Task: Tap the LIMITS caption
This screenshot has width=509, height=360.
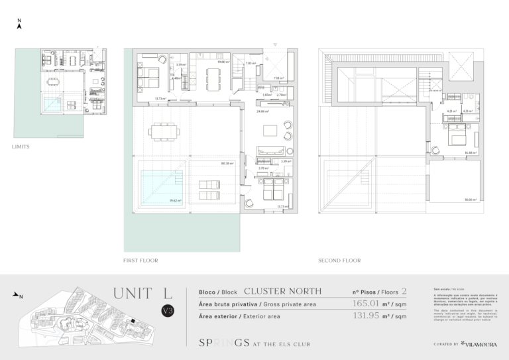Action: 21,147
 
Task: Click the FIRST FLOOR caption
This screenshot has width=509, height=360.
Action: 141,261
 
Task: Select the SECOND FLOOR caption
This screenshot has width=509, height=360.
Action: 339,261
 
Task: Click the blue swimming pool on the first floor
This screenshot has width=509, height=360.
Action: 161,185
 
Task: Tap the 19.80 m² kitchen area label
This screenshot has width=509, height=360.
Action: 223,61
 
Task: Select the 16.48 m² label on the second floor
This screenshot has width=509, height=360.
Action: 471,153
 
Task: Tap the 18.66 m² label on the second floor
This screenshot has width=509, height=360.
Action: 471,199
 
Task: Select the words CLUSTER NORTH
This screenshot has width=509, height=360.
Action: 282,291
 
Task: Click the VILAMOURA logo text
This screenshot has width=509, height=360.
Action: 482,344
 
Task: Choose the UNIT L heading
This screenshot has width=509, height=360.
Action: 142,293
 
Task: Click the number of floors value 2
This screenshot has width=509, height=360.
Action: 404,291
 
